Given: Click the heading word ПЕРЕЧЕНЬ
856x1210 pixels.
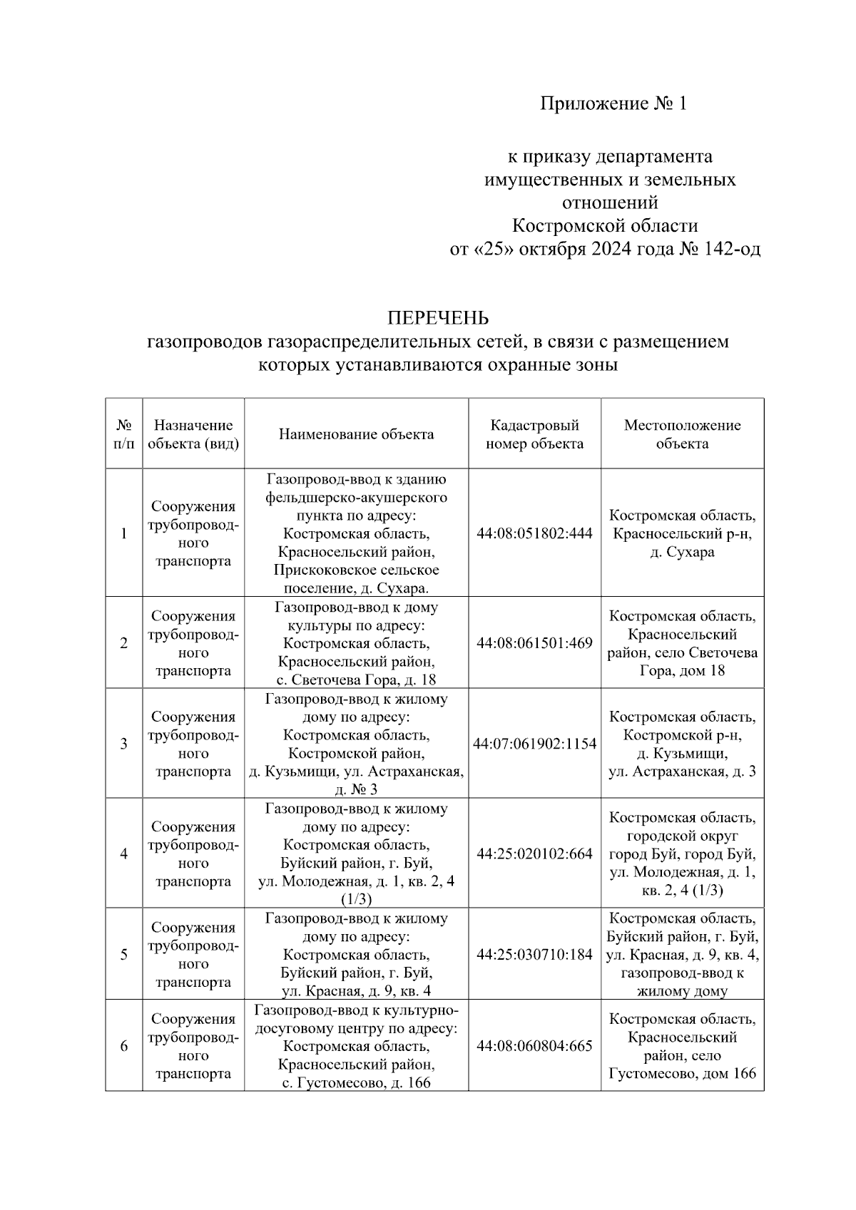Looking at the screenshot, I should coord(437,317).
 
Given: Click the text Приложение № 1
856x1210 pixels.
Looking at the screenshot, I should coord(613,104).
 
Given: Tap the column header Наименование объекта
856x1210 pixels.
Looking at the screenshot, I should coord(356,434).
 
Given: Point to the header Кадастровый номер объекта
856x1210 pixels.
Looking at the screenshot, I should coord(534,434).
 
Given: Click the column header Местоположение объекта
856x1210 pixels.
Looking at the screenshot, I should coord(682,434).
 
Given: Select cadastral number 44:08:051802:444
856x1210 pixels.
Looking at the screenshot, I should coord(534,533).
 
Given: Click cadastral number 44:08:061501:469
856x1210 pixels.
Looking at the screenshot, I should coord(534,642).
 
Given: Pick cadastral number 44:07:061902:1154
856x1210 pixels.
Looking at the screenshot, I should coord(534,744).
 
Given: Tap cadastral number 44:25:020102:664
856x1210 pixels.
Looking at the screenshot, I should coord(534,853).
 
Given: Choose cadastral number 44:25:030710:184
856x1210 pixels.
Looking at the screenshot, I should coord(534,954).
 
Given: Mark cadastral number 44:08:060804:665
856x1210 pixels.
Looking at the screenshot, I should coord(534,1046).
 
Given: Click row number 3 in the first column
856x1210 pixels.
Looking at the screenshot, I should coord(124,744).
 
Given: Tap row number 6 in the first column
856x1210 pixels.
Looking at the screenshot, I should coord(124,1046).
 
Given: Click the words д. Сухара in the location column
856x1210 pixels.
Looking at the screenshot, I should coord(682,552).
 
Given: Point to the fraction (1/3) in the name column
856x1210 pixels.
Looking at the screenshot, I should coord(356,899).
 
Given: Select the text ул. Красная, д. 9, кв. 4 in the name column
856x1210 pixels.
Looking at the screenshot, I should coord(356,990).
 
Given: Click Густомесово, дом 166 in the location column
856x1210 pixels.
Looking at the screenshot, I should coord(682,1073).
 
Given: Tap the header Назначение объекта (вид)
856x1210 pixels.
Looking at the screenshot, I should coord(193,434).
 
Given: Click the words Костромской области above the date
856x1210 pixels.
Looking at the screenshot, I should coord(605,226).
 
